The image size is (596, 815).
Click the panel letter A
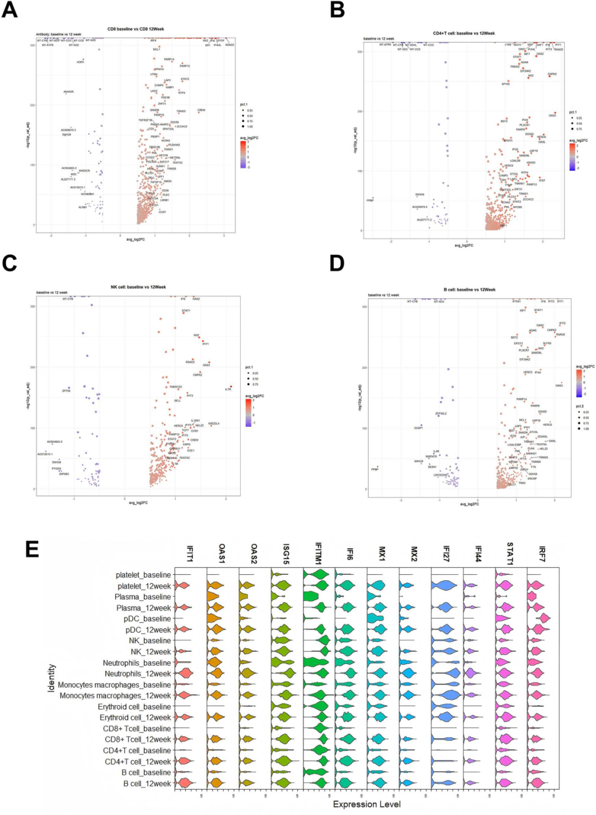pos(9,9)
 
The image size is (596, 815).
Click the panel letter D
pos(337,263)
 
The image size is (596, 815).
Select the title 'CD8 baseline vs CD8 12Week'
pos(136,29)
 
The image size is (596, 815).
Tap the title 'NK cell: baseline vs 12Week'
pos(138,287)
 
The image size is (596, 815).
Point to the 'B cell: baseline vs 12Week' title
pos(469,289)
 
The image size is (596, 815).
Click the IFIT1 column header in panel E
pos(190,554)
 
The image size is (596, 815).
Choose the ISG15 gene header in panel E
pos(286,554)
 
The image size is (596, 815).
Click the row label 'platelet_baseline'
pos(143,575)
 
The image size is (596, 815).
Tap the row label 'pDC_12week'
pos(148,630)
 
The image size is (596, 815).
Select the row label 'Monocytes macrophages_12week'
pos(115,696)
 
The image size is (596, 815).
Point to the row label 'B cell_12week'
pos(147,784)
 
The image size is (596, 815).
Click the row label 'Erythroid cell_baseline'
pos(135,707)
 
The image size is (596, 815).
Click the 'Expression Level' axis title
pos(366,805)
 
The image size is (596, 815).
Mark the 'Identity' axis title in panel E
pos(52,678)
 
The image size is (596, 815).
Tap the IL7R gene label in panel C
pos(228,390)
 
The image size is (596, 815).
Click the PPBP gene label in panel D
pos(375,469)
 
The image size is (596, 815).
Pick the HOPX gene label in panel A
pos(81,62)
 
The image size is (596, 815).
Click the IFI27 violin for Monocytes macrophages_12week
pos(446,695)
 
